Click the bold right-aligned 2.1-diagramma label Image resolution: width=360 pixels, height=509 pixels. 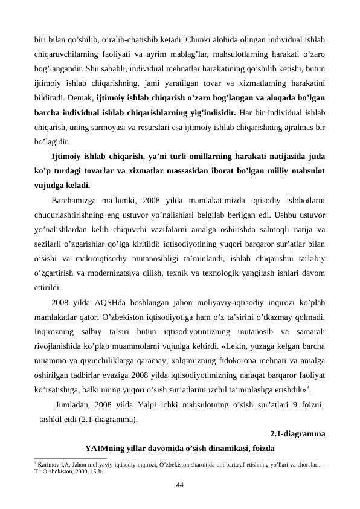coord(298,433)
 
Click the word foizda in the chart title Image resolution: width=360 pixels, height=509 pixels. coord(261,449)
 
